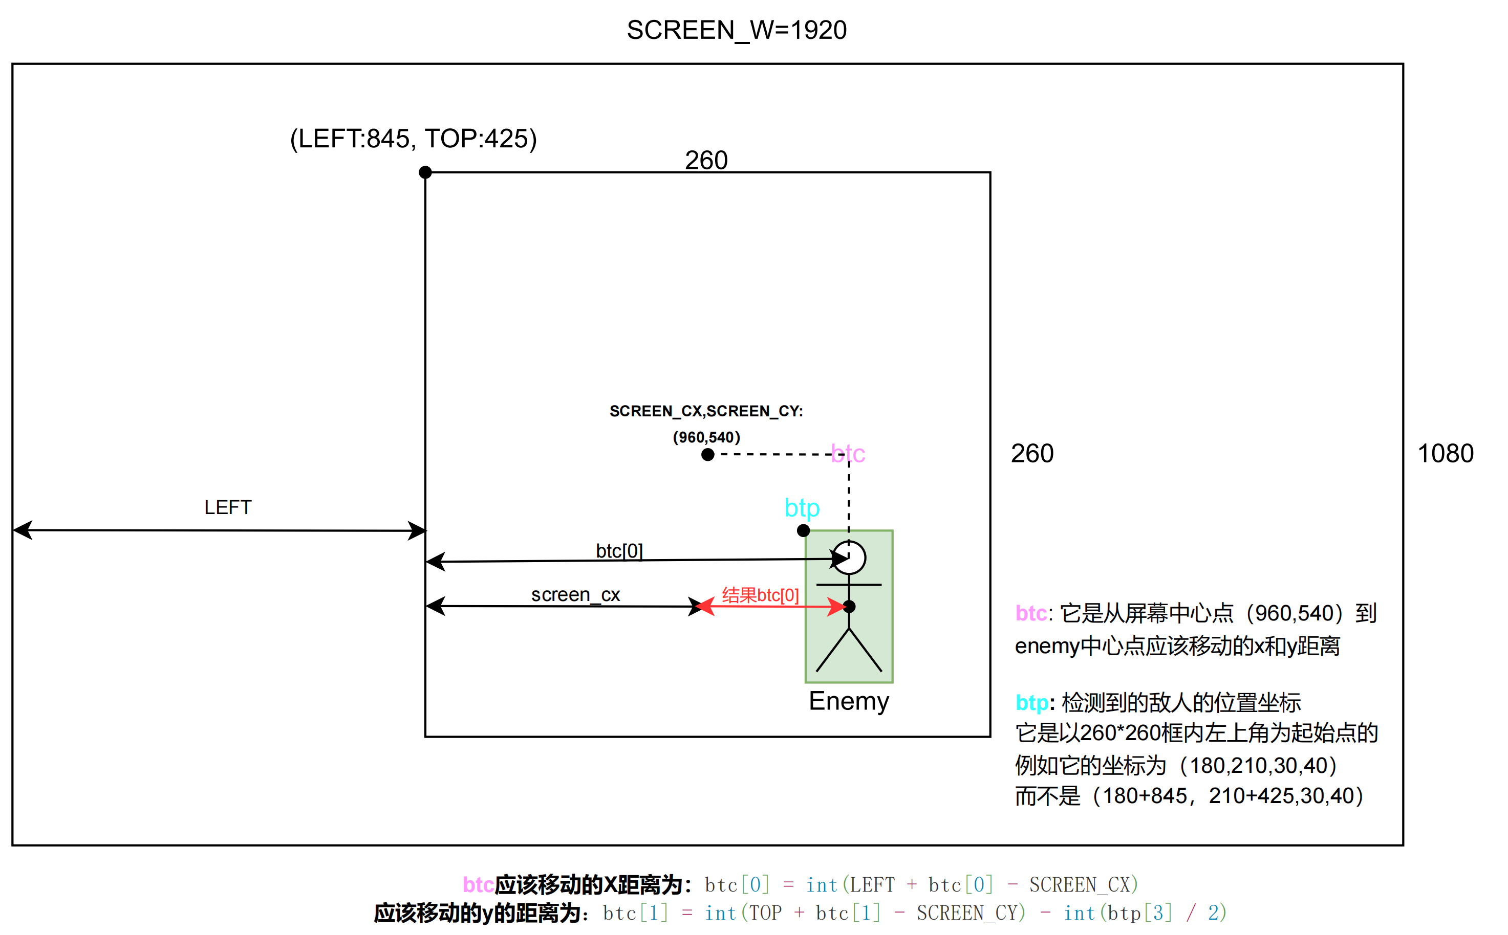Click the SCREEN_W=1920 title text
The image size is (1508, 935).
[x=737, y=30]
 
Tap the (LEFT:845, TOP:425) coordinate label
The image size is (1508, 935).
[x=414, y=139]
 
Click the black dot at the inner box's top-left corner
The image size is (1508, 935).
[x=425, y=172]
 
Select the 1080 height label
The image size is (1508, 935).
[x=1446, y=453]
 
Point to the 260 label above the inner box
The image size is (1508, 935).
[x=706, y=160]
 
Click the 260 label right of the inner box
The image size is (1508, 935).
[x=1032, y=453]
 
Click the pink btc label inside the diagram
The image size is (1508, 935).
[x=848, y=453]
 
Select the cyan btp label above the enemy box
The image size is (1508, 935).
[x=802, y=508]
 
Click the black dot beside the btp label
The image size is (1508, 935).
[x=803, y=530]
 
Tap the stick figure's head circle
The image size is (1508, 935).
[x=849, y=558]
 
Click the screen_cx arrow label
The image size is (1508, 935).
[x=575, y=594]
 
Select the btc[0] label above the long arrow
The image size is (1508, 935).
[x=619, y=550]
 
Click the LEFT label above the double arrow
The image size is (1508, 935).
[x=228, y=507]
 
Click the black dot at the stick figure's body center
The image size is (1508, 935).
[x=850, y=607]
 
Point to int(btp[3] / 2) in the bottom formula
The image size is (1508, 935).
[x=1145, y=912]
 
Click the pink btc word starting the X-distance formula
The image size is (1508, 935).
[x=478, y=885]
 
